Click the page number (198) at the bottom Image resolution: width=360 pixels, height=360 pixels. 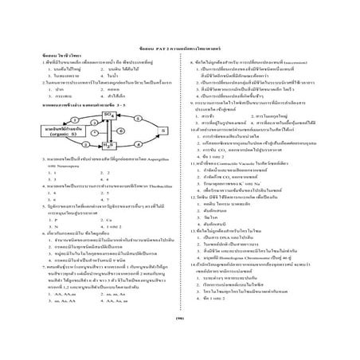(x=181, y=318)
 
